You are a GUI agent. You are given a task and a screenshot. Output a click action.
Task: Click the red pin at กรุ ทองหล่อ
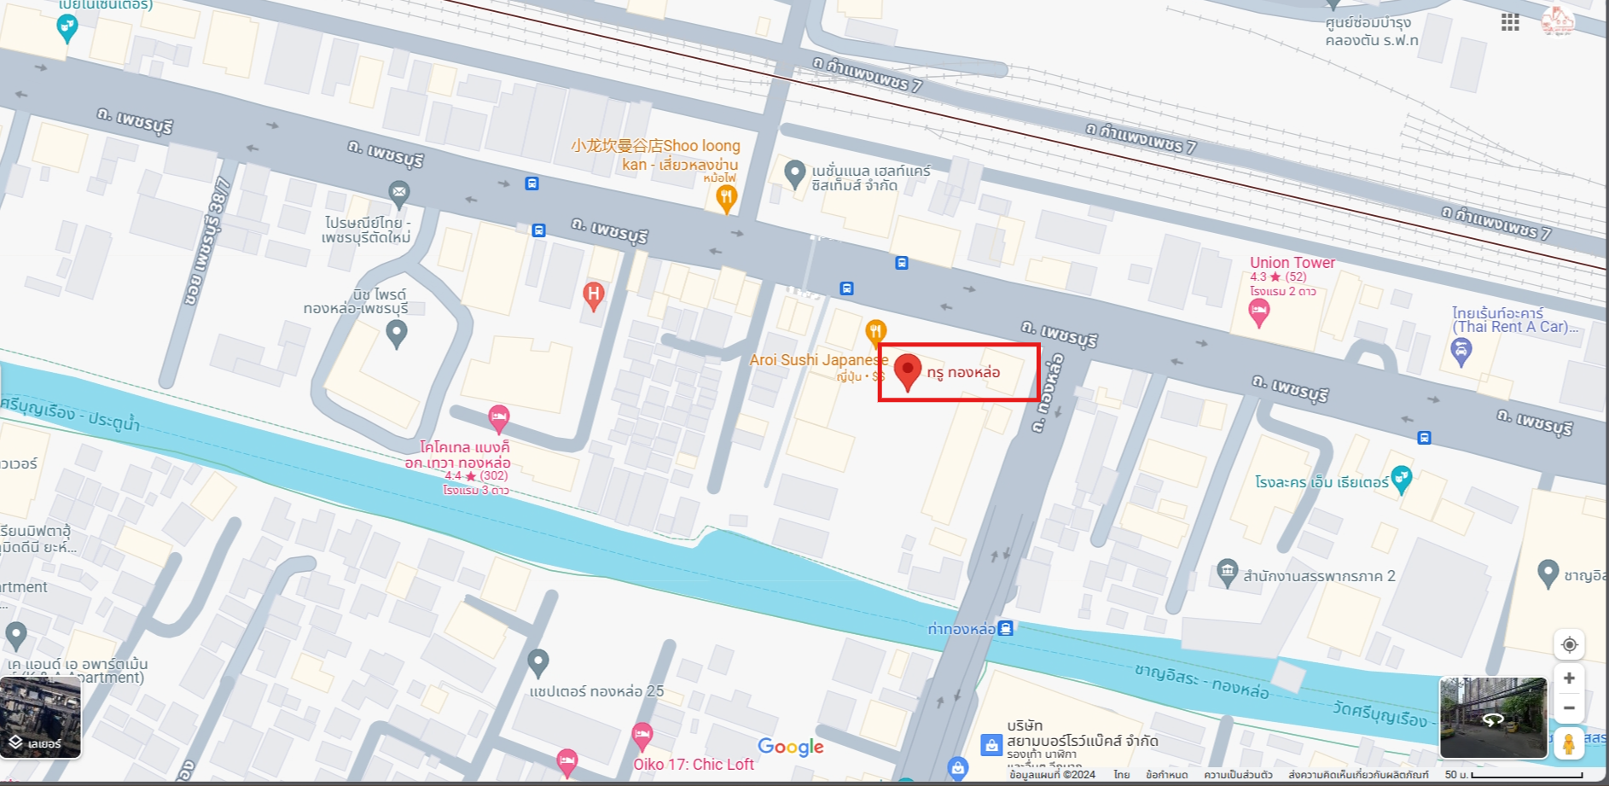coord(908,370)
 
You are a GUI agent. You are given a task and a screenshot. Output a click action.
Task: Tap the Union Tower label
coord(1292,263)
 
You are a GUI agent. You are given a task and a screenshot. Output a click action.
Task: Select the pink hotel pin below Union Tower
coord(1258,312)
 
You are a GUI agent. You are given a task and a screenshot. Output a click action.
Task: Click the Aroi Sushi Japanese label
coord(818,360)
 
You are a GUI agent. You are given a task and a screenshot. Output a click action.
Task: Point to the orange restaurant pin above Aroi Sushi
coord(875,331)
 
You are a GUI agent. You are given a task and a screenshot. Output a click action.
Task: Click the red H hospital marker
coord(593,295)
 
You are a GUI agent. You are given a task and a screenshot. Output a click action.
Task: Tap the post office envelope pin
coord(398,192)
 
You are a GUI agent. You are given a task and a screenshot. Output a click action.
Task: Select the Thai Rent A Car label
coord(1513,320)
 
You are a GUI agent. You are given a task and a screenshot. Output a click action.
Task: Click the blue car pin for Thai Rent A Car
coord(1461,350)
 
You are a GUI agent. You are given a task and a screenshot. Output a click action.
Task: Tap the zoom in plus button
coord(1569,678)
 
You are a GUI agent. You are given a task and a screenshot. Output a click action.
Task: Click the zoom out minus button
coord(1569,707)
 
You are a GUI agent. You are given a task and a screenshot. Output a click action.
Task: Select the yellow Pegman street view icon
coord(1568,743)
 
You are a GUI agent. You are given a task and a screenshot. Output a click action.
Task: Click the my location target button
coord(1569,644)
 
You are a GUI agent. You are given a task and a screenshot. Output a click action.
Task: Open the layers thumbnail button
coord(41,718)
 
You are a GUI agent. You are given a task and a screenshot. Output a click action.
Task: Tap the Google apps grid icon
coord(1510,22)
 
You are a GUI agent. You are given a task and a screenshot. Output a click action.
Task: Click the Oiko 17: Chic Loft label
coord(693,765)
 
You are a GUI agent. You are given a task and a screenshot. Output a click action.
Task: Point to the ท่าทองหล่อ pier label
coord(961,630)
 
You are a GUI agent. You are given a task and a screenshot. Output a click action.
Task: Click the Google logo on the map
coord(790,748)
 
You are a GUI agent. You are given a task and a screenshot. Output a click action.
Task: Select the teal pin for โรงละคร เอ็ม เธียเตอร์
coord(1401,479)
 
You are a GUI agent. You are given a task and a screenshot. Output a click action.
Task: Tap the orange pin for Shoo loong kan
coord(726,198)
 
